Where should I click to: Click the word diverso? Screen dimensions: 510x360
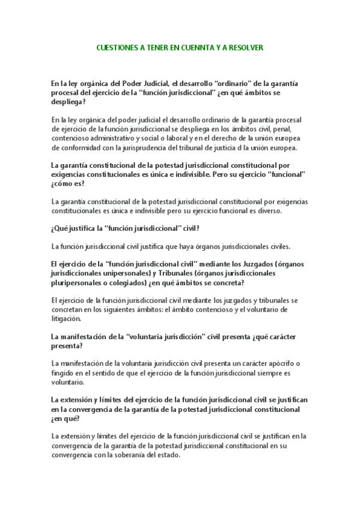(278, 211)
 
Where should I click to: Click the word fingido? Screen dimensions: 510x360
(64, 373)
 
